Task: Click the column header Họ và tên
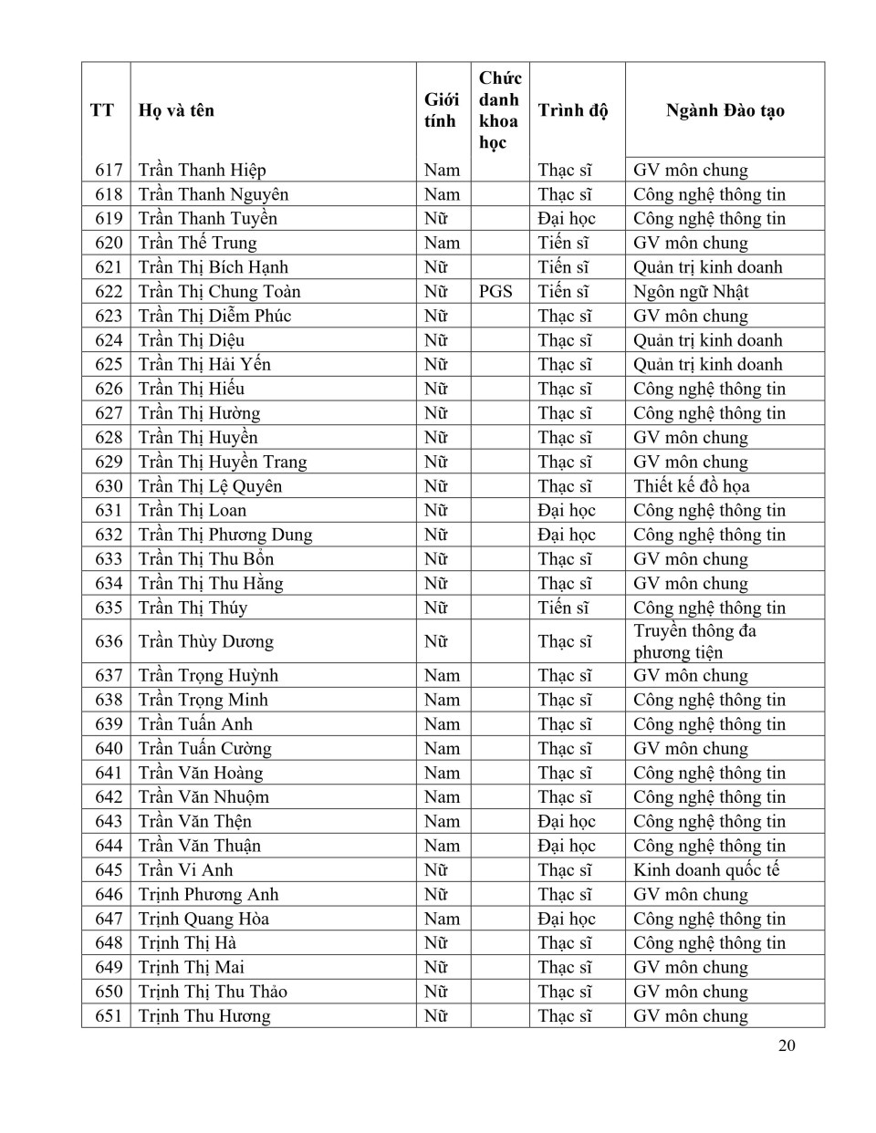pos(176,110)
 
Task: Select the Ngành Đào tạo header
pos(725,110)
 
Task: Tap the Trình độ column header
pos(572,110)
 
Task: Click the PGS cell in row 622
pos(495,292)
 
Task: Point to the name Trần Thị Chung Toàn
pos(219,292)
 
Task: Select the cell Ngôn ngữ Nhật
pos(691,292)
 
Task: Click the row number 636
pos(109,641)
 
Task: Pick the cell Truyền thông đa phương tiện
pos(694,641)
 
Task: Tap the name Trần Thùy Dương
pos(205,641)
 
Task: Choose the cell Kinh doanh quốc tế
pos(706,870)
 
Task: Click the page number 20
pos(787,1045)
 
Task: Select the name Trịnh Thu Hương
pos(204,1016)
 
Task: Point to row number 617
pos(109,171)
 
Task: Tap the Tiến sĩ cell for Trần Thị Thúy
pos(563,608)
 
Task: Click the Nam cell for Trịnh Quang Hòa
pos(442,919)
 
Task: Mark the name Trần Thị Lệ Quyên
pos(210,486)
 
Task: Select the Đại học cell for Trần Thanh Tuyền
pos(566,219)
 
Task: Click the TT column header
pos(102,110)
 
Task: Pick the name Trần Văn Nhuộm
pos(203,797)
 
